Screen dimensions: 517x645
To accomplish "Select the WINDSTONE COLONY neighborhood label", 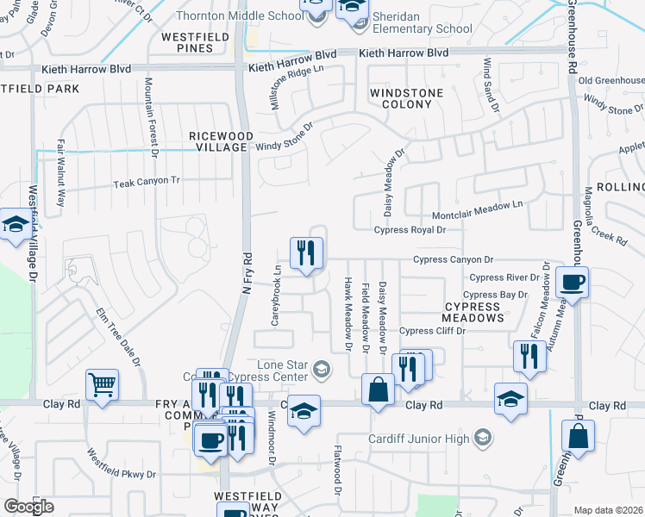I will (406, 98).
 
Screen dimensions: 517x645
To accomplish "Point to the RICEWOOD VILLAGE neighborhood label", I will (222, 141).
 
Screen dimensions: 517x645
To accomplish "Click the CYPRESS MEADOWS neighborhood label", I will (473, 312).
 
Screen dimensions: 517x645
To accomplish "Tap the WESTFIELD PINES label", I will (199, 42).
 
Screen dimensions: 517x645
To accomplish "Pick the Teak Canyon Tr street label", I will (147, 182).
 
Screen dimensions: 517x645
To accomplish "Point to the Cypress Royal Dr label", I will (410, 230).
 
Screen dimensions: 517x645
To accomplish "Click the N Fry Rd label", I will (246, 275).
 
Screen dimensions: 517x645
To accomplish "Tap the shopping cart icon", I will (103, 386).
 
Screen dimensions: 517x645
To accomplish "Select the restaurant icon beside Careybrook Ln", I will (305, 253).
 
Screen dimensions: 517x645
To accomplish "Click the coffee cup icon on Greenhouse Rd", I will (572, 283).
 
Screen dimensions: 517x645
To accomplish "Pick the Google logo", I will (29, 507).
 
